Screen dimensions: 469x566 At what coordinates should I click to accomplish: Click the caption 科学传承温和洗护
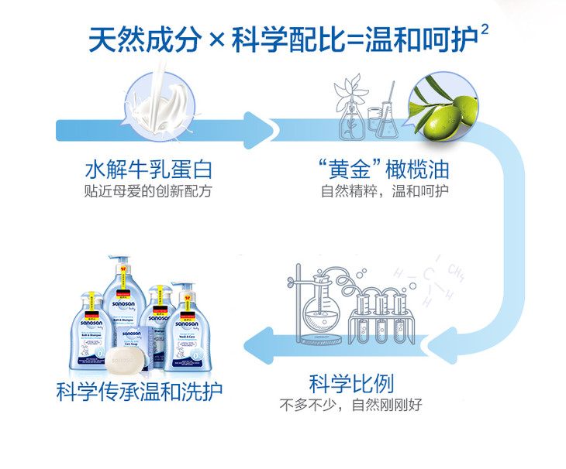pos(140,391)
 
